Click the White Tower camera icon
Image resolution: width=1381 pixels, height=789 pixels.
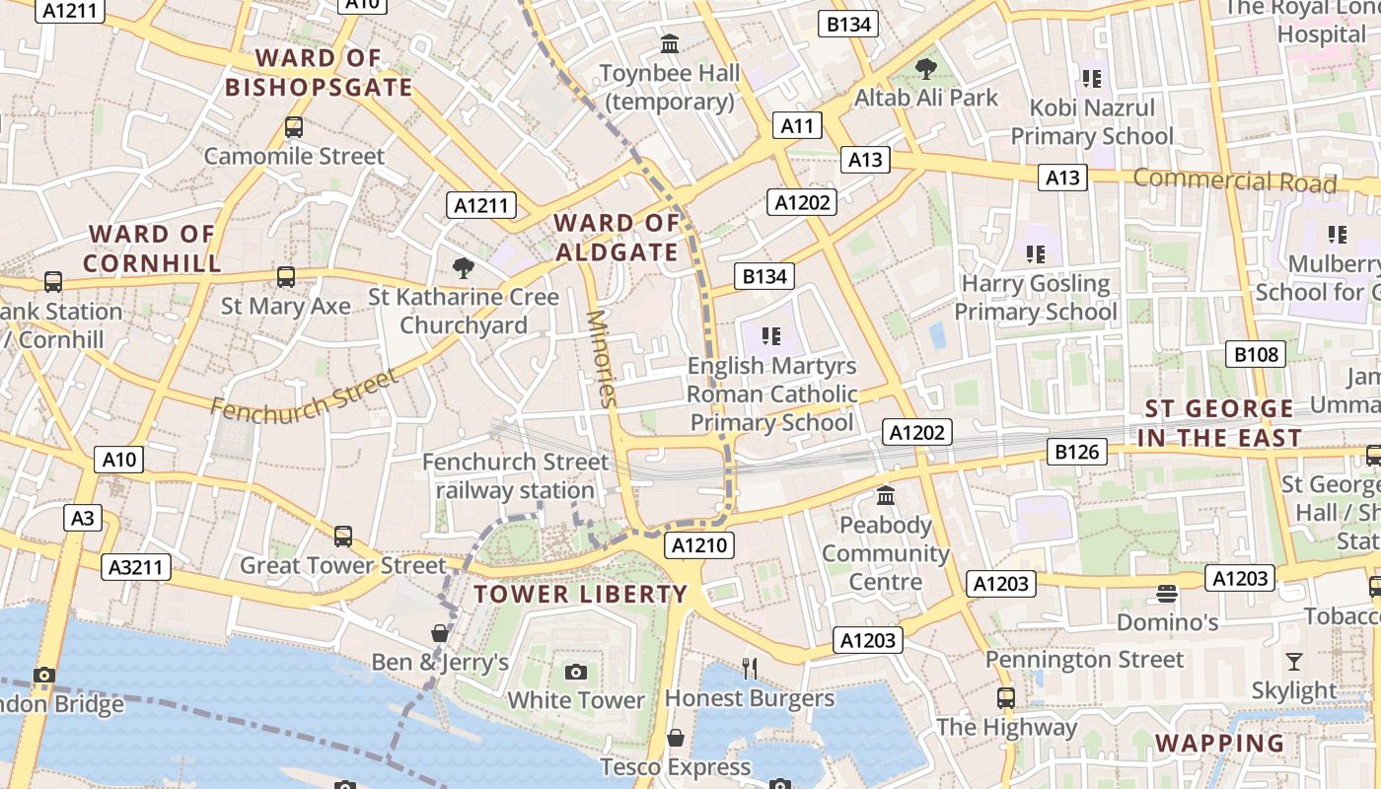(576, 673)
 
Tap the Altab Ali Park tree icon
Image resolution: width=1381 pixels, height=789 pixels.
(925, 68)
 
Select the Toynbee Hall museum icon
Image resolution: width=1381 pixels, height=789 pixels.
(671, 43)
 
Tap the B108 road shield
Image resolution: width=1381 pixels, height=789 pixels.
(1256, 354)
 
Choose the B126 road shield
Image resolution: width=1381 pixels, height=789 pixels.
(1076, 452)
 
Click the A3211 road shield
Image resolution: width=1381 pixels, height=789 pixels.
(136, 567)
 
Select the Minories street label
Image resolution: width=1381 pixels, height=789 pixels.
(601, 358)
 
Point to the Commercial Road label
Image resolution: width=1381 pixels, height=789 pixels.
(1234, 180)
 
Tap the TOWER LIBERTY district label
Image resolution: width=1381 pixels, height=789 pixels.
(580, 594)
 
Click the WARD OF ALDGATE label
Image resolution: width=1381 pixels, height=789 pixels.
(617, 238)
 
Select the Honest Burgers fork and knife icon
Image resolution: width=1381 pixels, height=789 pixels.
(750, 669)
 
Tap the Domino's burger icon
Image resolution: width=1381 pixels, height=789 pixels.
(1167, 594)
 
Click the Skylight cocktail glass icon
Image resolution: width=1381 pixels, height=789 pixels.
(1294, 661)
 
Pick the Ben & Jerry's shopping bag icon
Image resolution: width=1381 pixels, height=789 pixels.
(440, 632)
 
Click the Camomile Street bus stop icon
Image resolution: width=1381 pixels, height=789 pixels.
(294, 127)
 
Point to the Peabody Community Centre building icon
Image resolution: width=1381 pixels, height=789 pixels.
(886, 495)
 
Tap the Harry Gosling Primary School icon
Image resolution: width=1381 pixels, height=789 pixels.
(1036, 254)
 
